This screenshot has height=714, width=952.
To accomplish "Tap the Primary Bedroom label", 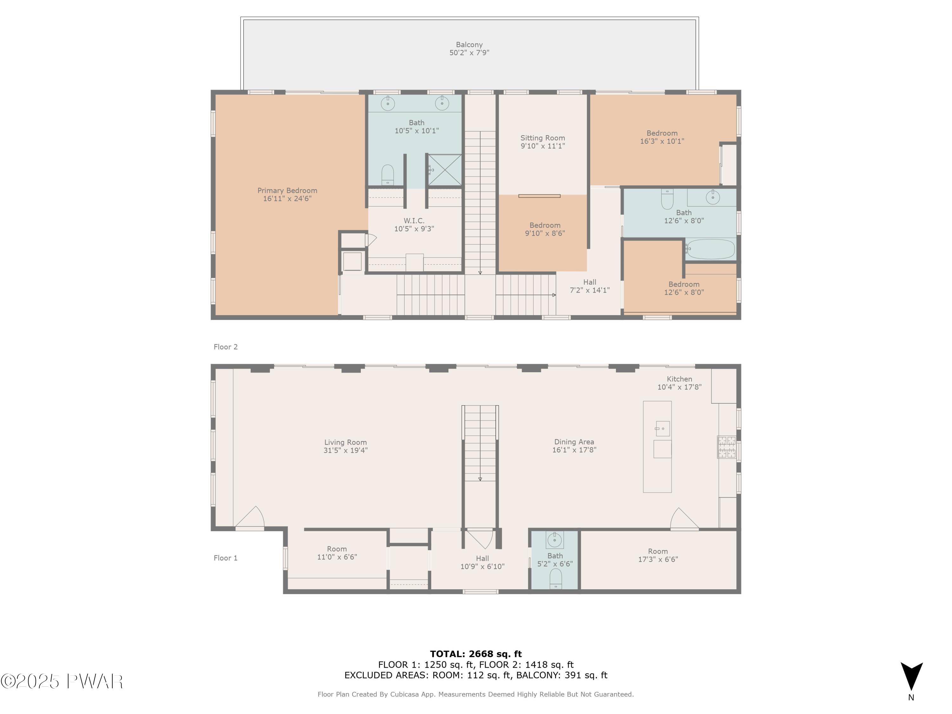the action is [x=287, y=195].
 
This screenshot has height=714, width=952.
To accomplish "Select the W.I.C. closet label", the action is [x=414, y=225].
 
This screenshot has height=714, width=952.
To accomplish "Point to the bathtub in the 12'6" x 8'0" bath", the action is [x=711, y=249].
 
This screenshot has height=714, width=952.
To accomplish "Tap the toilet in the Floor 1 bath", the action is [x=556, y=579].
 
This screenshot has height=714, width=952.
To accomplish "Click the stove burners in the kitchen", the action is [x=726, y=447].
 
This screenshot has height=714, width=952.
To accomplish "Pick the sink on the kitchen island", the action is [x=663, y=429].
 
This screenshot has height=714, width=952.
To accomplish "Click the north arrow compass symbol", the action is [x=912, y=677].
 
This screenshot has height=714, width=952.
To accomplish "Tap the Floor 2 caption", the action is [x=226, y=347].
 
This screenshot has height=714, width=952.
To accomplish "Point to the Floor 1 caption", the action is [x=226, y=558].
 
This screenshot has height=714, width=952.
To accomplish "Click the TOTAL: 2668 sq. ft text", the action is [x=476, y=654].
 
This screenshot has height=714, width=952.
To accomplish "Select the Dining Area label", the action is [x=574, y=446].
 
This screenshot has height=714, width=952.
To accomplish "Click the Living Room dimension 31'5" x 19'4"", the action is [x=346, y=451].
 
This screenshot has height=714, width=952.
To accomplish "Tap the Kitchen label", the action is [x=680, y=383].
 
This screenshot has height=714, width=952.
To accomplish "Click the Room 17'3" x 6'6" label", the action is [x=658, y=555].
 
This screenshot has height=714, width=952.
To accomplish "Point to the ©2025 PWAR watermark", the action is [x=62, y=681].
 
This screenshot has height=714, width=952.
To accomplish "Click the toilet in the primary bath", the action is [x=388, y=175].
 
